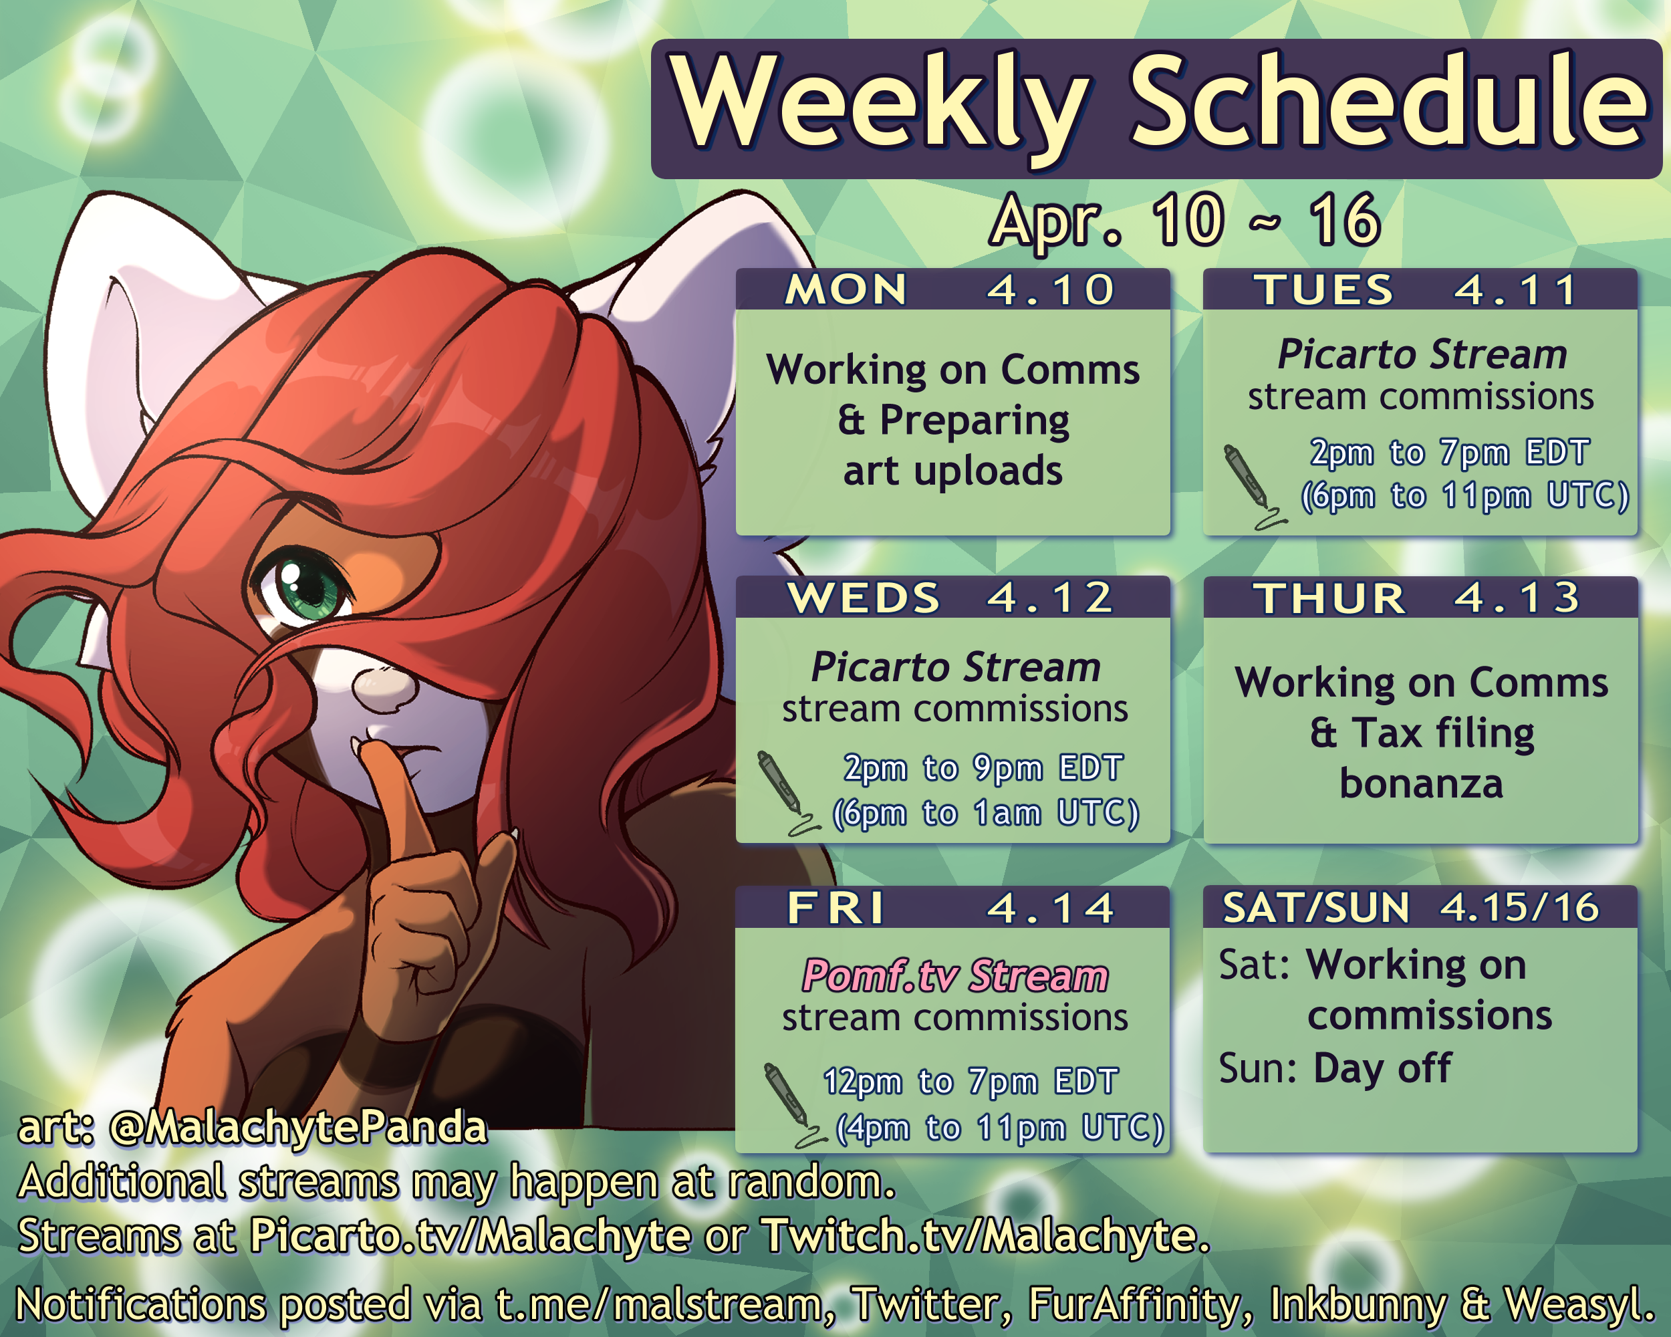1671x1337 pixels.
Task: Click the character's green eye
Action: (x=305, y=588)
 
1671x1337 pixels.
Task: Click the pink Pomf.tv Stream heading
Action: (x=955, y=976)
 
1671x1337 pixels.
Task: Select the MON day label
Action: (x=846, y=290)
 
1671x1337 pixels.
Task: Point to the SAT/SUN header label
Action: (x=1316, y=908)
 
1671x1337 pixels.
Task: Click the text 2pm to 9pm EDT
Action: (x=983, y=768)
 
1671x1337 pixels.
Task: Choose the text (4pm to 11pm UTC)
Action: (x=1000, y=1128)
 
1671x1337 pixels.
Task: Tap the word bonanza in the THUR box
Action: (x=1422, y=783)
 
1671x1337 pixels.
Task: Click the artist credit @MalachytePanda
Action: (x=298, y=1128)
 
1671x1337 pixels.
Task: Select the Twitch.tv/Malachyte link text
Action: (x=981, y=1235)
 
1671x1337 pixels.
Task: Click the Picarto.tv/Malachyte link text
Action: (x=470, y=1235)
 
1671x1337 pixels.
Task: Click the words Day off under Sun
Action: (x=1382, y=1068)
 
